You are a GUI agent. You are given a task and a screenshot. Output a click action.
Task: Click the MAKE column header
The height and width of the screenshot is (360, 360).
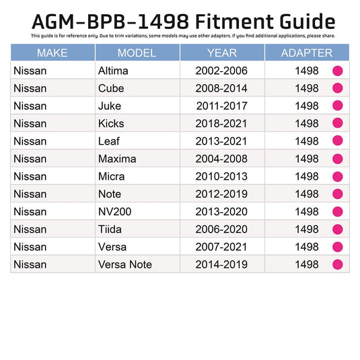coord(52,53)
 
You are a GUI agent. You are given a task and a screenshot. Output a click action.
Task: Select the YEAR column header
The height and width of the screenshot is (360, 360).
coord(221,53)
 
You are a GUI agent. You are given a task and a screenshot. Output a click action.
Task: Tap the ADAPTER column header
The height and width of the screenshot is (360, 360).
coord(306,53)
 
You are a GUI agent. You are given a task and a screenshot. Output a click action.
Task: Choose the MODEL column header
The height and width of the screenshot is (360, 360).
coord(137,53)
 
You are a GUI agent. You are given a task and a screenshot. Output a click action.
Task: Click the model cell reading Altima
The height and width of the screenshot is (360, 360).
coord(113,71)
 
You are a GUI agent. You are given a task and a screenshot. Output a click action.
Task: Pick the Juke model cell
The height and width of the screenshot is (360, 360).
coord(110,106)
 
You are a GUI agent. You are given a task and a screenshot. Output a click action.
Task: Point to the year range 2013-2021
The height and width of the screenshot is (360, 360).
coord(221,141)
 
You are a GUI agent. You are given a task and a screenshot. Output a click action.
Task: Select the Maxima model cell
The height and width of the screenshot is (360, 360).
coord(116,159)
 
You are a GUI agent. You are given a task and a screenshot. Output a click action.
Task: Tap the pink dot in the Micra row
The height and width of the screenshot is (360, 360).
coord(338,176)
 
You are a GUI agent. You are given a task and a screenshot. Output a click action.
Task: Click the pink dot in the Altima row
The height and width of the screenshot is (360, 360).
coord(338,71)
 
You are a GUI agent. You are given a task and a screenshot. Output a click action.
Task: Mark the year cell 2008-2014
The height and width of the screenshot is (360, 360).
coord(221,88)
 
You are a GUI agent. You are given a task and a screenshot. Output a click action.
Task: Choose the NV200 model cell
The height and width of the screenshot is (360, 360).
coord(114,211)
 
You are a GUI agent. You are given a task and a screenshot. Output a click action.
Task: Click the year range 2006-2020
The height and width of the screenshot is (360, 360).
coord(221,229)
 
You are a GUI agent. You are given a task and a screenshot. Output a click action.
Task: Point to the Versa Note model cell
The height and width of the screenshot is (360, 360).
coord(125,264)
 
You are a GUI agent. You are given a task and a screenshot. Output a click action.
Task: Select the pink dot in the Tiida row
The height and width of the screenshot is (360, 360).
coord(338,229)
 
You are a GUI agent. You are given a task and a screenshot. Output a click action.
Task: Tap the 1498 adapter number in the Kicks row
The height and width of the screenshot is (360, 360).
coord(307,123)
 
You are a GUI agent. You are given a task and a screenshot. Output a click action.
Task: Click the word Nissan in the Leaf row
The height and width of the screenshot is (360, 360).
coord(30,141)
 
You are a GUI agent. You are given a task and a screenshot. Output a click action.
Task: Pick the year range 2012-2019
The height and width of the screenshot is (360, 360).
coord(221,194)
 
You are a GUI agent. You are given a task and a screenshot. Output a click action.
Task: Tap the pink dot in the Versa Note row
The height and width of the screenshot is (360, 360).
coord(338,264)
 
